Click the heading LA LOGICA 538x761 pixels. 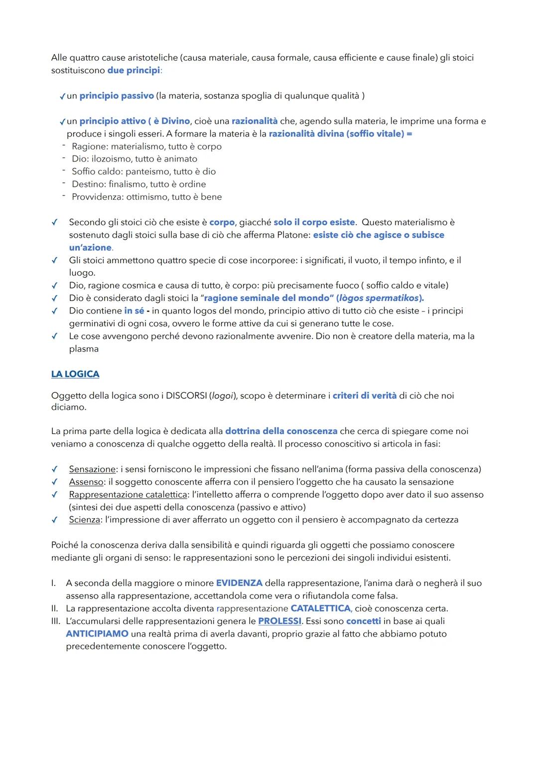[x=75, y=374]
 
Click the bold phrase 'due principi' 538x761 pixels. [x=134, y=70]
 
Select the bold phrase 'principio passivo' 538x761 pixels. [x=117, y=96]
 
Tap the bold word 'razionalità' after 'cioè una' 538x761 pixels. [x=255, y=121]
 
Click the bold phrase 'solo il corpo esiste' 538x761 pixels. [x=314, y=222]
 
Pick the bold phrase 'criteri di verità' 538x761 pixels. [x=365, y=396]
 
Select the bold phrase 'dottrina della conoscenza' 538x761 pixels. [x=281, y=431]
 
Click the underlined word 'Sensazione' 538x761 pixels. [x=92, y=469]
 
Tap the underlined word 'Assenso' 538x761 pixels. [x=86, y=482]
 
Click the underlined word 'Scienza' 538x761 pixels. [x=85, y=520]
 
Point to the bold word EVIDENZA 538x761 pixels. [x=239, y=583]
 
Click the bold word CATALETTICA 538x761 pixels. [x=320, y=609]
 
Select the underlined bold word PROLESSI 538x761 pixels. [x=279, y=621]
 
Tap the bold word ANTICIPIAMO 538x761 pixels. [x=97, y=634]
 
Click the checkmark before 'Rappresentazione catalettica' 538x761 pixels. [x=55, y=495]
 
